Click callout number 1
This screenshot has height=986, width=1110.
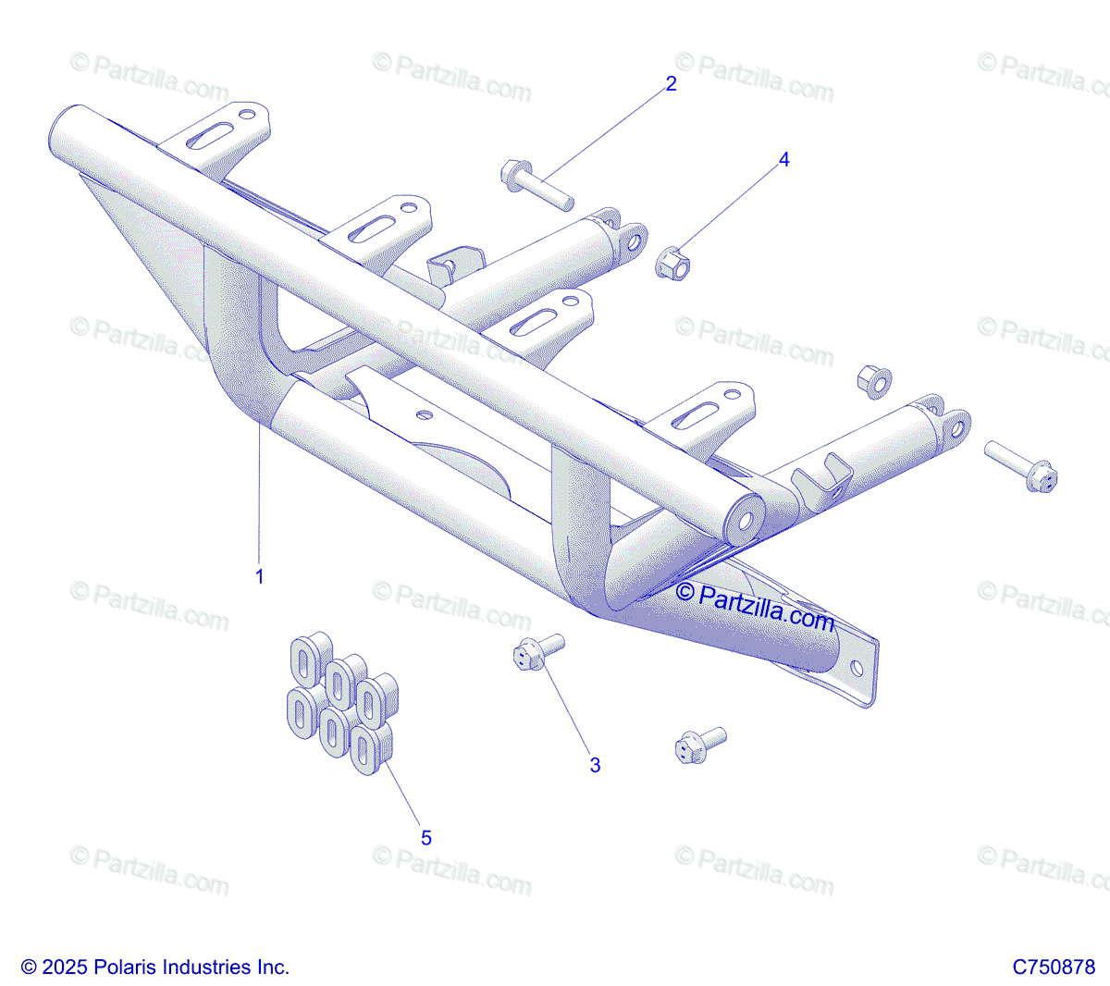point(260,576)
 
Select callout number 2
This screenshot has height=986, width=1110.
point(671,84)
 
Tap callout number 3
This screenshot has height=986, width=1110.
point(595,765)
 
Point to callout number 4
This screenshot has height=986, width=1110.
point(784,160)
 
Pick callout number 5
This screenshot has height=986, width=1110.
point(425,838)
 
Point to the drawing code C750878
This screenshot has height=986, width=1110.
point(1054,968)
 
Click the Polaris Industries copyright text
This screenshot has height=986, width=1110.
point(155,968)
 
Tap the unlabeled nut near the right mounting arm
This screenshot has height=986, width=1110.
point(872,380)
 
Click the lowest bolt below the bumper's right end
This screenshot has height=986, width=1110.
point(700,745)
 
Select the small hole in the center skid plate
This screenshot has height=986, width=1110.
point(424,414)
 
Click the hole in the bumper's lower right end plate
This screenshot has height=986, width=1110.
point(857,668)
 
